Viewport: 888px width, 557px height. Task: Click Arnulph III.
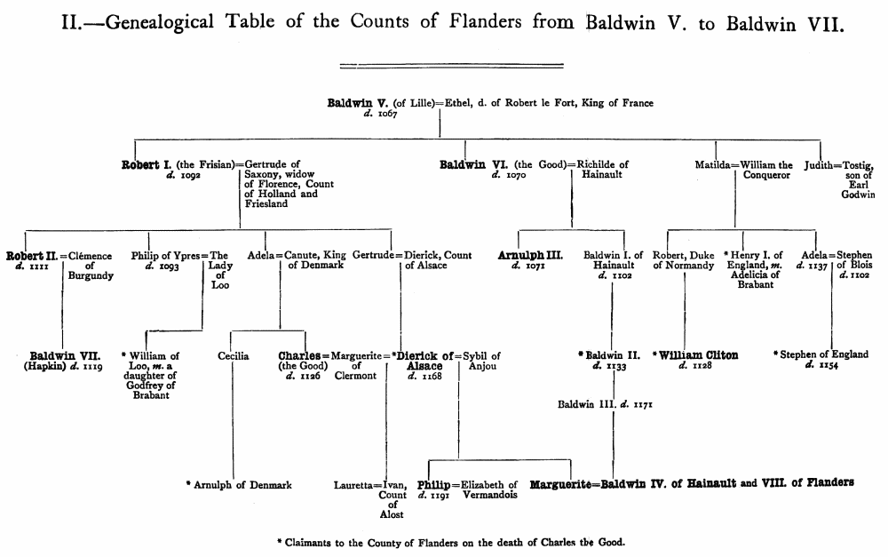tap(530, 256)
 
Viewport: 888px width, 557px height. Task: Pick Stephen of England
tap(823, 355)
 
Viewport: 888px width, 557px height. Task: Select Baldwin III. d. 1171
tap(605, 405)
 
